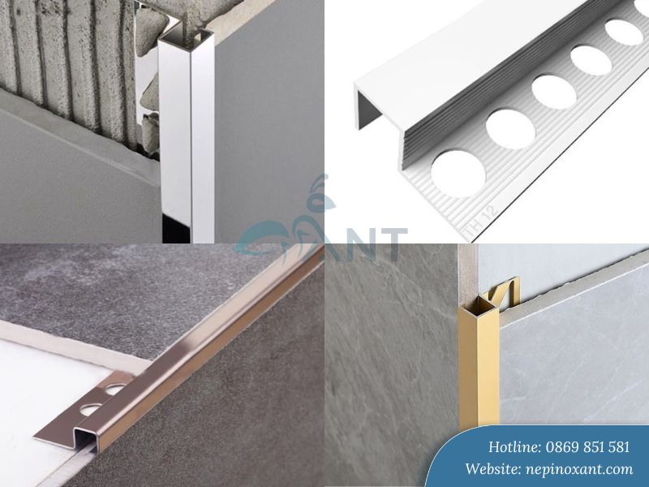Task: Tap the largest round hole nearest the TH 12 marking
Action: (x=458, y=174)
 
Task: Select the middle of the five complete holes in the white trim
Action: (x=554, y=92)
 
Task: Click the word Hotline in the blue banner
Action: (x=515, y=447)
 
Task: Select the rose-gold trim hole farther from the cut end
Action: (x=115, y=389)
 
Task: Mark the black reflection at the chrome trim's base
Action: (x=177, y=229)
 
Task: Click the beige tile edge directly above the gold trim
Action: (x=468, y=274)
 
